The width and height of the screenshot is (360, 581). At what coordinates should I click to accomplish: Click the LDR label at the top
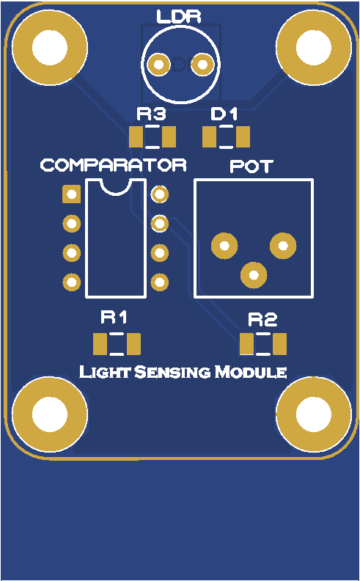point(178,17)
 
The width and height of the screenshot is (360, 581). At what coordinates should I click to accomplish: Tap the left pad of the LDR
point(159,65)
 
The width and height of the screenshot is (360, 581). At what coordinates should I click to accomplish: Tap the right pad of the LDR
point(202,65)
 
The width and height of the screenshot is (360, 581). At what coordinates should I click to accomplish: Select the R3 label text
point(151,114)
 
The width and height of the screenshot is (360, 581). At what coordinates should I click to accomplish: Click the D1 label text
point(224,114)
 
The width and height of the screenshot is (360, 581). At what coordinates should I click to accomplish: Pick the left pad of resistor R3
point(136,136)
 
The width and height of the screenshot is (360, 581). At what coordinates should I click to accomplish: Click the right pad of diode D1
point(243,136)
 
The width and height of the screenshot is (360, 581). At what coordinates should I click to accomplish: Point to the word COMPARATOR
point(114,165)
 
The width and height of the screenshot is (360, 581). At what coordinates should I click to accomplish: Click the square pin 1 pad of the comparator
point(71,194)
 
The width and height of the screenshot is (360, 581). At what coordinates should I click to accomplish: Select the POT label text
point(251,167)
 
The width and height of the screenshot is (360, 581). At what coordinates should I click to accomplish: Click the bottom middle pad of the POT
point(254,275)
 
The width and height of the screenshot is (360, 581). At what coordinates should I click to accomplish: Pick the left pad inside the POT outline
point(224,246)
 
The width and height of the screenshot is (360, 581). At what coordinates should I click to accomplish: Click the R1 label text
point(114,318)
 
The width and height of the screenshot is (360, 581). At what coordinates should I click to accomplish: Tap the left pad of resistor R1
point(100,344)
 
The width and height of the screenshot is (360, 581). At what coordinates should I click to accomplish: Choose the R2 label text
point(262,319)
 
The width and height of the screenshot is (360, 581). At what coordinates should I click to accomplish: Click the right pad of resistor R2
point(279,344)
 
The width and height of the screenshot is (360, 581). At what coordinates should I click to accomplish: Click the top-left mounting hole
point(50,48)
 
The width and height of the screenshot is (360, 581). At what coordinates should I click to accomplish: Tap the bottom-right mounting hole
point(314,414)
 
